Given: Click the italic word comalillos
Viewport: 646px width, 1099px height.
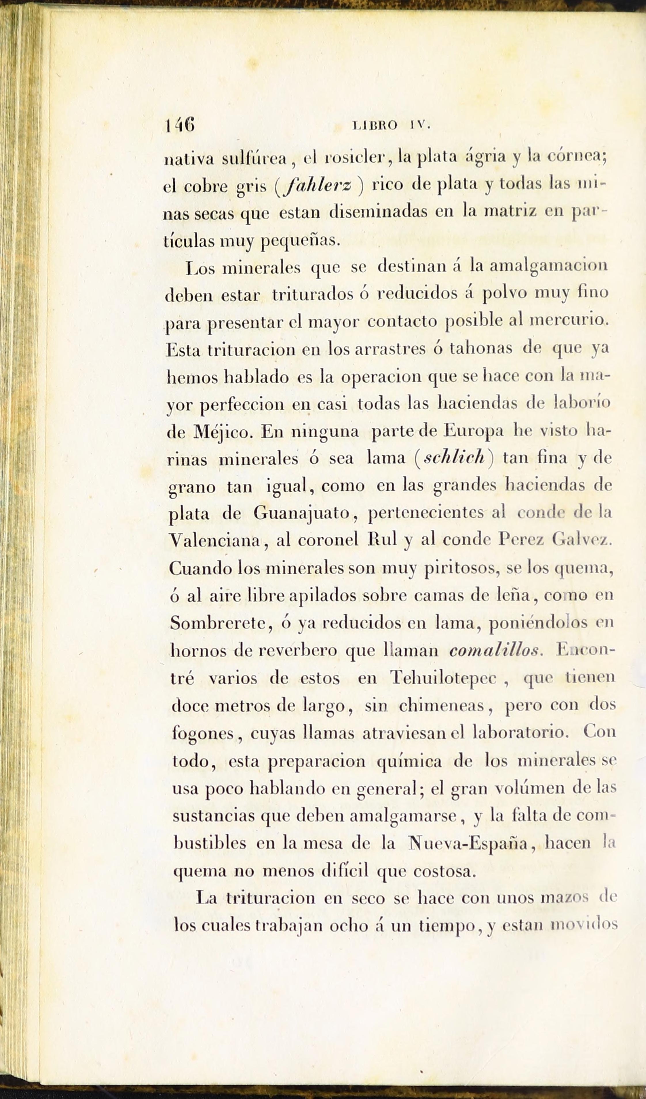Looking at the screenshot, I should [495, 650].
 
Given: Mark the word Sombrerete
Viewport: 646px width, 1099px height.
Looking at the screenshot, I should [218, 623].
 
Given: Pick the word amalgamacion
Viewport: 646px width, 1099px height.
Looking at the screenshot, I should [548, 266].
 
